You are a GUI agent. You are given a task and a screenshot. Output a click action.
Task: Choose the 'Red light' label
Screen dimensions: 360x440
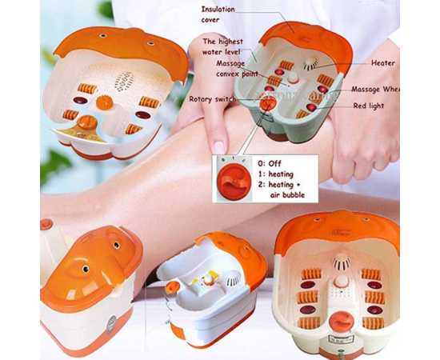[x=370, y=105]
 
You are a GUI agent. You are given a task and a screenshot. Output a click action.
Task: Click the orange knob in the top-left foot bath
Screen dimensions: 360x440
[x=104, y=102]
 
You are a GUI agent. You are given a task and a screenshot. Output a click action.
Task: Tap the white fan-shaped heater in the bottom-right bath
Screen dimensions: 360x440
[x=342, y=262]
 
